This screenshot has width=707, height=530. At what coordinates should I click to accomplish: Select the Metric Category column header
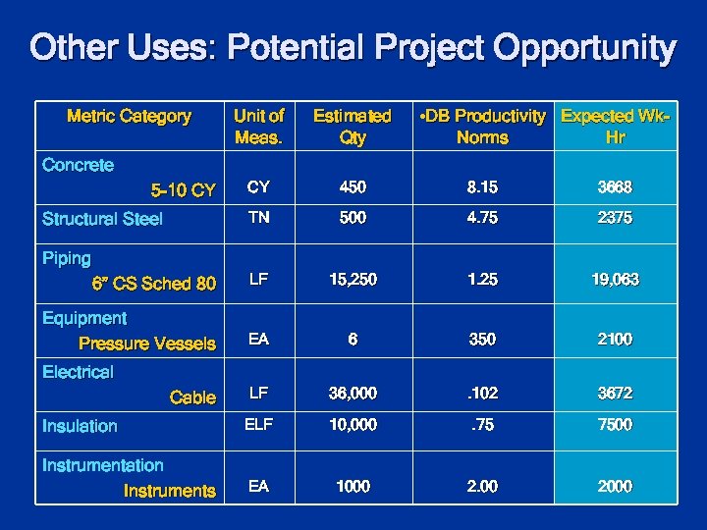click(x=129, y=117)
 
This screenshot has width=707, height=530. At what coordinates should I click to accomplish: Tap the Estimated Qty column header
click(x=352, y=127)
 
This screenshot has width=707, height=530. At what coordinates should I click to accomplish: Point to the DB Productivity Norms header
click(x=482, y=127)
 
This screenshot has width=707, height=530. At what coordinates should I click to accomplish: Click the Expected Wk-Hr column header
click(x=616, y=127)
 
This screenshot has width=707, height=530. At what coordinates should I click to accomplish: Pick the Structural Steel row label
click(x=102, y=219)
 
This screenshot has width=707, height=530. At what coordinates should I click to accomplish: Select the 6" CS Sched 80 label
click(x=153, y=284)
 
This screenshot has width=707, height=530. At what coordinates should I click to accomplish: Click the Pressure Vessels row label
click(x=147, y=344)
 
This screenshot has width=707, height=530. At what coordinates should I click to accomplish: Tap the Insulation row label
click(x=80, y=426)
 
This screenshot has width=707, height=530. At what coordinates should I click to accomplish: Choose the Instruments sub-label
click(x=169, y=491)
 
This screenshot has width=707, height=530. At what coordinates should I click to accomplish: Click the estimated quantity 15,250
click(x=352, y=280)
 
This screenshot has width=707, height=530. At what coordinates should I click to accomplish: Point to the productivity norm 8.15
click(x=482, y=187)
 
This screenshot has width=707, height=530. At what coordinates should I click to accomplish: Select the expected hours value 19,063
click(x=616, y=280)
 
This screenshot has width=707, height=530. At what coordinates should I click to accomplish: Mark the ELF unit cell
click(x=258, y=424)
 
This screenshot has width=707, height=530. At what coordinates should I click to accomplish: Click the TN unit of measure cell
click(x=258, y=218)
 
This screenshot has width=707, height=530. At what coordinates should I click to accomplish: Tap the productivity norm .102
click(x=482, y=393)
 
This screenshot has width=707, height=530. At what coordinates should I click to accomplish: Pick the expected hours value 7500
click(x=616, y=424)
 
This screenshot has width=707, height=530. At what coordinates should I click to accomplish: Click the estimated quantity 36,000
click(x=352, y=393)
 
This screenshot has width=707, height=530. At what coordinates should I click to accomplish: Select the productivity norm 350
click(x=482, y=339)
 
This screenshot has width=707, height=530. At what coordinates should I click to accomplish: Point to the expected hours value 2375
click(x=616, y=218)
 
